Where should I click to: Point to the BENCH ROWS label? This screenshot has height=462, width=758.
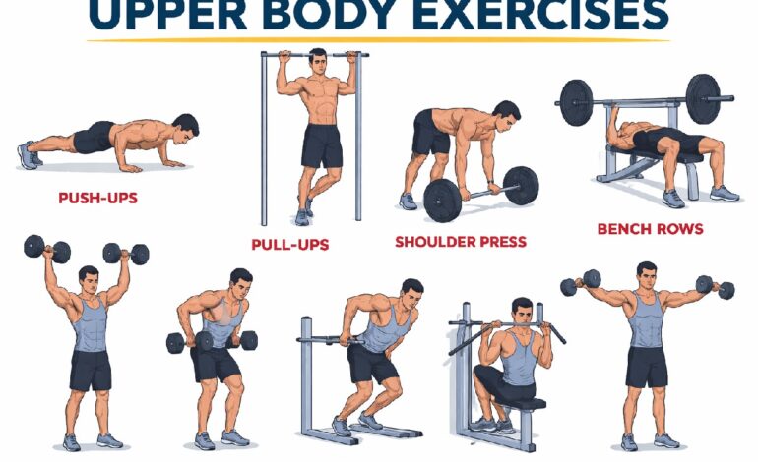(650, 229)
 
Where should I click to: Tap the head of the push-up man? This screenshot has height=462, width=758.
(184, 126)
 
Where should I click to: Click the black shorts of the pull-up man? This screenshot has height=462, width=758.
(322, 144)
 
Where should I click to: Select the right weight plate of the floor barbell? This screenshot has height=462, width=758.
(520, 185)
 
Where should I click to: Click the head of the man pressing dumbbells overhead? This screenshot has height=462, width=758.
(90, 279)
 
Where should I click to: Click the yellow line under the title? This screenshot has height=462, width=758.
(378, 40)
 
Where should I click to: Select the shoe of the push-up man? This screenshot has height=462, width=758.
(28, 154)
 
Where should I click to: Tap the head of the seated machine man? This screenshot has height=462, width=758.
(522, 310)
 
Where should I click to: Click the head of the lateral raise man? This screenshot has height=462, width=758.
(646, 275)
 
